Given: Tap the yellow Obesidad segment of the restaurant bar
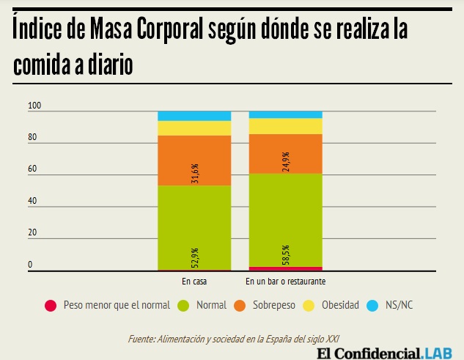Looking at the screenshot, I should [x=286, y=125].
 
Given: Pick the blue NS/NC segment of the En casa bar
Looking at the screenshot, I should [x=194, y=116].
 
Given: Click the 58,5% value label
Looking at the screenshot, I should [x=286, y=254].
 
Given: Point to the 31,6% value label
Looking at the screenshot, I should [x=195, y=173].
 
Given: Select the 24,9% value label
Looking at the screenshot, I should [x=286, y=161].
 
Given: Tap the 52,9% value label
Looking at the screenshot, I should [x=195, y=258].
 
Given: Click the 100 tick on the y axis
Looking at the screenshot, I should [x=34, y=106].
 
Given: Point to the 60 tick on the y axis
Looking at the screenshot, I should [x=32, y=170].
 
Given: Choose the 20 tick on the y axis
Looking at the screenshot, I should [x=32, y=232].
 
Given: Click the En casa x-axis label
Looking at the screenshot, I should [x=194, y=282].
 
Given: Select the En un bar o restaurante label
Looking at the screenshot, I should [x=286, y=282].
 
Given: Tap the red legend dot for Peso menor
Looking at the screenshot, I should [x=51, y=305].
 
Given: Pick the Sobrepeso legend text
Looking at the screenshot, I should [x=276, y=305].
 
